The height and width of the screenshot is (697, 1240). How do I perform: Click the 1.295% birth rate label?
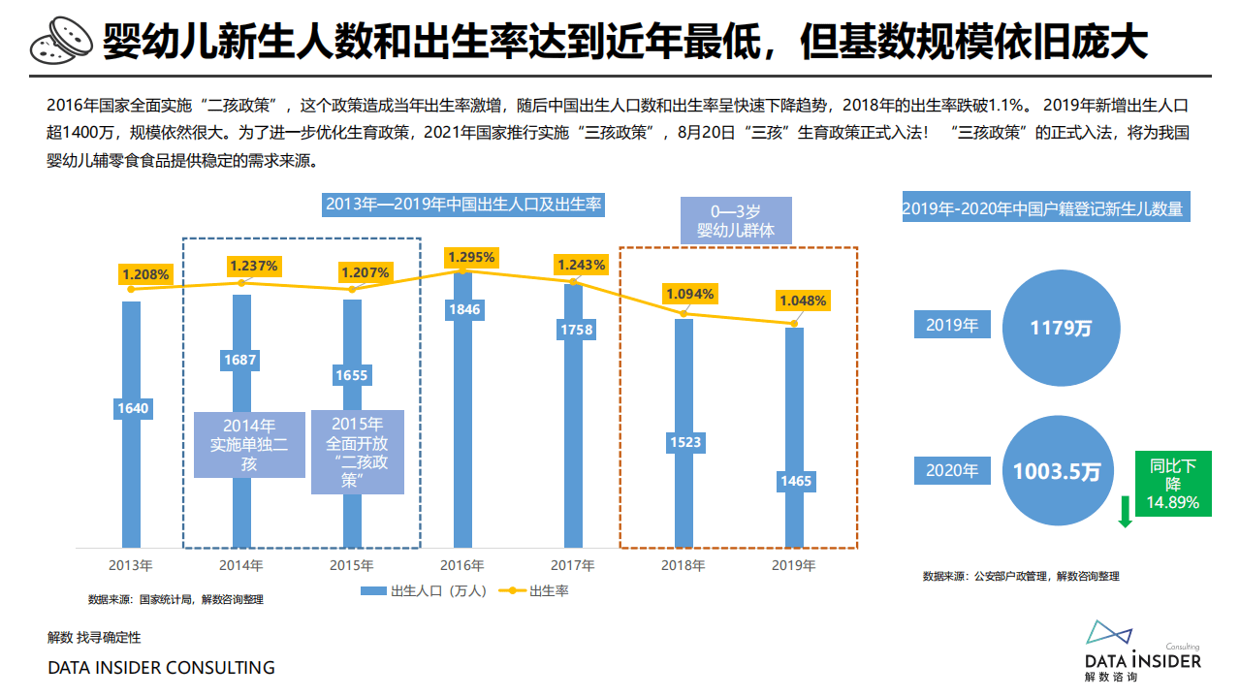pyautogui.click(x=471, y=257)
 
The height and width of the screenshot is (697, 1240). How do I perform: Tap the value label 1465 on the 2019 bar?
pyautogui.click(x=795, y=481)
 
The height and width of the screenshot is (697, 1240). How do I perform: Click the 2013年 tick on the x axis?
pyautogui.click(x=131, y=564)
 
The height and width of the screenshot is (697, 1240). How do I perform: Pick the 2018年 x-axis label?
pyautogui.click(x=684, y=564)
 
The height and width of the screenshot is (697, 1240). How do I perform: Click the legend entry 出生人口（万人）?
pyautogui.click(x=423, y=591)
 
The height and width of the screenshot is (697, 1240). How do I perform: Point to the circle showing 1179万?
pyautogui.click(x=1061, y=327)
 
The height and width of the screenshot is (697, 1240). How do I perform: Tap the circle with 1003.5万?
pyautogui.click(x=1057, y=472)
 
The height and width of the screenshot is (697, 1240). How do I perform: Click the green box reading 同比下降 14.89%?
pyautogui.click(x=1173, y=484)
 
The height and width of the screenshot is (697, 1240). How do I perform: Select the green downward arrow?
pyautogui.click(x=1125, y=511)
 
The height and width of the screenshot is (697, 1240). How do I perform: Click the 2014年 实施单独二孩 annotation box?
pyautogui.click(x=249, y=445)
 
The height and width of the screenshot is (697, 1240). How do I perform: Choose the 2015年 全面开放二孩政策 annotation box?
pyautogui.click(x=357, y=452)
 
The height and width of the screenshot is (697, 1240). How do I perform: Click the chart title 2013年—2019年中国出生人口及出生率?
pyautogui.click(x=463, y=205)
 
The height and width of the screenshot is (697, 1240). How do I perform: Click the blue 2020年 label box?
pyautogui.click(x=952, y=471)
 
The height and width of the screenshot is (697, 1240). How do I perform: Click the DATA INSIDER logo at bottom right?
pyautogui.click(x=1142, y=651)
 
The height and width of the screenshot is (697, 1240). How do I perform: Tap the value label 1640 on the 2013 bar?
pyautogui.click(x=132, y=408)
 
